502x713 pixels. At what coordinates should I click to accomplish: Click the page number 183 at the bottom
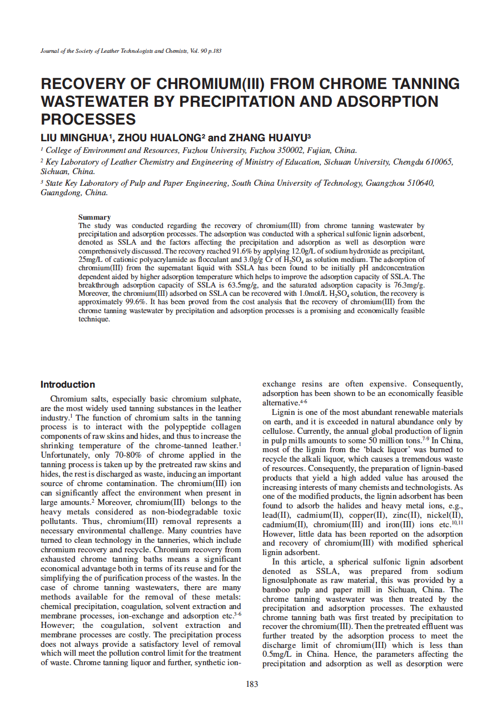point(252,684)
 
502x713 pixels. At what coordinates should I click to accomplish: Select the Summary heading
point(95,217)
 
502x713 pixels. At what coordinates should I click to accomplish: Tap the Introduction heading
point(68,384)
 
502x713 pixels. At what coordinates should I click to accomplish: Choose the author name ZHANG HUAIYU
point(267,137)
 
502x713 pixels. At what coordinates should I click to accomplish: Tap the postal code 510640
point(414,183)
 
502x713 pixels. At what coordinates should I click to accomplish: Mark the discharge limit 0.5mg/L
point(277,654)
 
